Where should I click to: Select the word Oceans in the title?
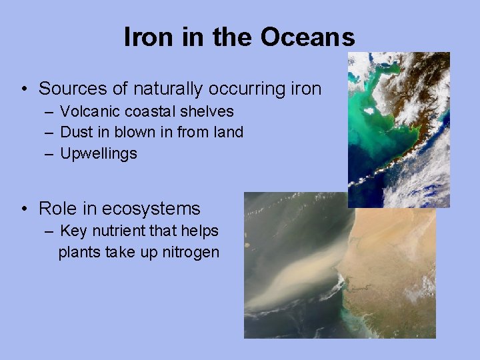[307, 37]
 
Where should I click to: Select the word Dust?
[75, 132]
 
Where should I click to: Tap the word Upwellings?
[99, 154]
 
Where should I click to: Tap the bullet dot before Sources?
[23, 89]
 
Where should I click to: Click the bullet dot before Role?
[23, 209]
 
